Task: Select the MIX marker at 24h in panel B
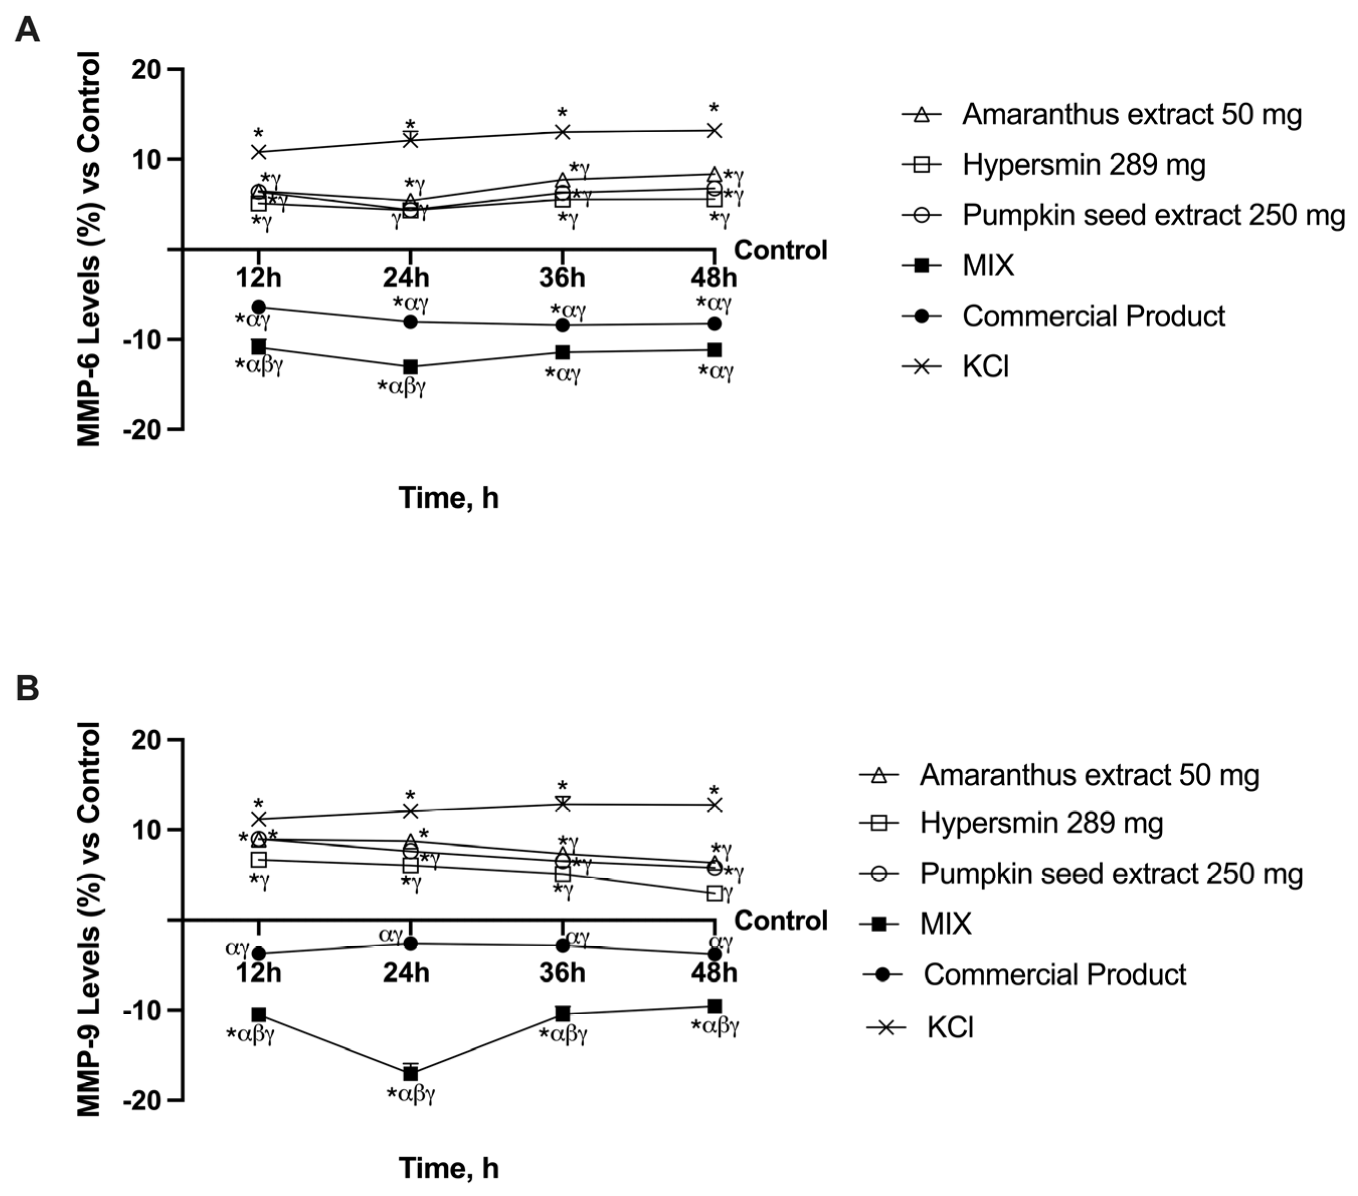tap(411, 1072)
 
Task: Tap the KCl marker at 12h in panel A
tap(258, 151)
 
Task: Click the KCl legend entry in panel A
tap(985, 366)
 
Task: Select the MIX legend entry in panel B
tap(945, 924)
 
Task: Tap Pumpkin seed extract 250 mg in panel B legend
tap(1111, 873)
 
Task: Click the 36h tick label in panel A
tap(562, 277)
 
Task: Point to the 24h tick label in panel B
tap(406, 973)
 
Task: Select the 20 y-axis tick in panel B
tap(147, 740)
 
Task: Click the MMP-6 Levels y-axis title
tap(89, 249)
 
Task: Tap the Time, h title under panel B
tap(448, 1168)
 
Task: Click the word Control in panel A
tap(781, 250)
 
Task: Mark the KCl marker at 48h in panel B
tap(714, 805)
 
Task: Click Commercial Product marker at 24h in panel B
tap(411, 943)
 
